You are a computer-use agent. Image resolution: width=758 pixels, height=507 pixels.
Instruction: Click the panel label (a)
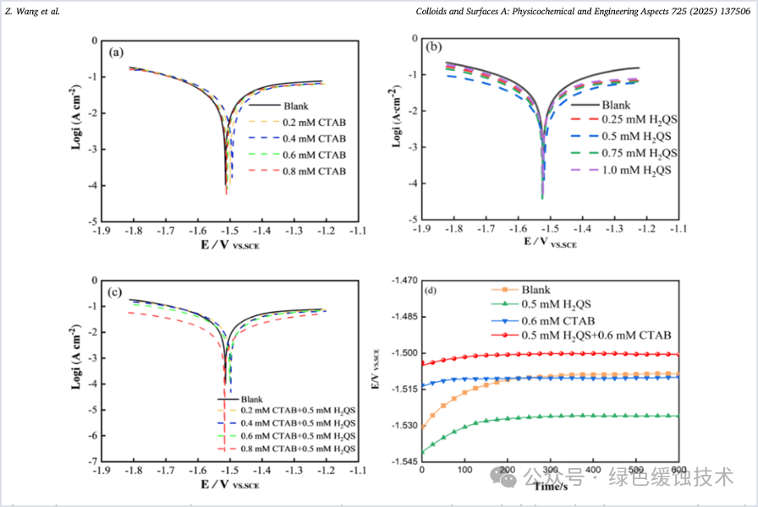[x=118, y=52]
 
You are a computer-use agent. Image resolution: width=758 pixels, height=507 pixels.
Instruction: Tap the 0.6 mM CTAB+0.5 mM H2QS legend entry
[x=298, y=435]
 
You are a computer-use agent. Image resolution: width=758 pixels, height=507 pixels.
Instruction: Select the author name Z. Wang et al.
[x=32, y=12]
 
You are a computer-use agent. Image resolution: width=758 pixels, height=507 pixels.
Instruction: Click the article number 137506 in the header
[x=734, y=12]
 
